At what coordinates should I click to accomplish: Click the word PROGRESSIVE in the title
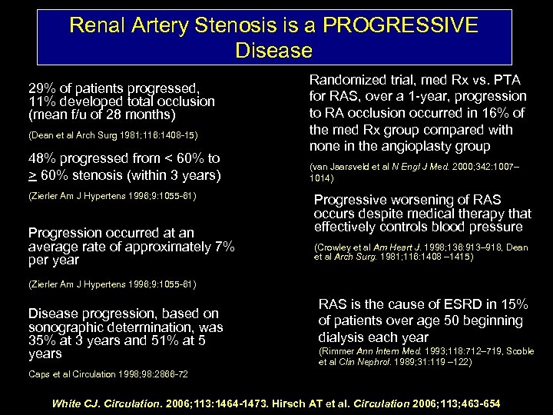400,25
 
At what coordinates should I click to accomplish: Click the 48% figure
42,159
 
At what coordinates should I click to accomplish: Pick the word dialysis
345,337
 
